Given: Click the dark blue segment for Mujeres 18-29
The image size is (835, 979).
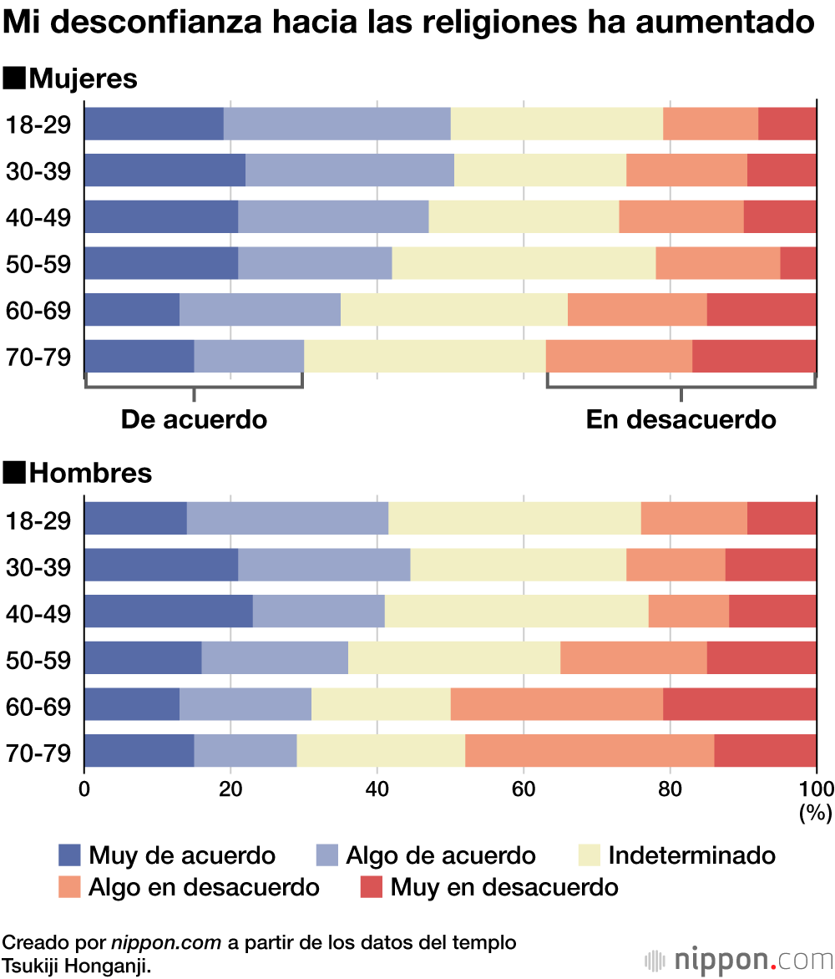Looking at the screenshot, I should coord(154,124).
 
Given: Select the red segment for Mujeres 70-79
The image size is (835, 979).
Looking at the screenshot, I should coord(754,357).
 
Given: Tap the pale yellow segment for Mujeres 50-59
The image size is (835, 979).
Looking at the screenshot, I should coord(524,263).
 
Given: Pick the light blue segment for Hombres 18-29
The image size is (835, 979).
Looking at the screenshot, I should coord(287,519).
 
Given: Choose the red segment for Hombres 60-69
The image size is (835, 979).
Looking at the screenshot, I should coord(739,704).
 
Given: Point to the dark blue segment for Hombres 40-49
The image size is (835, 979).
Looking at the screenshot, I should coord(168,611).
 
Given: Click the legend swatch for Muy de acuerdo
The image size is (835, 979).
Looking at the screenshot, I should coord(70,855).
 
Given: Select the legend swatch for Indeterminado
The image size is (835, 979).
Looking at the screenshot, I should coord(590,855).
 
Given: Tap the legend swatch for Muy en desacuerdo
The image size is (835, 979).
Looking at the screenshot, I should coord(370,886).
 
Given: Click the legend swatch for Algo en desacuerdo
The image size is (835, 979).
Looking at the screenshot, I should coord(70,886).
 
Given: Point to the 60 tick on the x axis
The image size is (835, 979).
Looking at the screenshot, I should coord(524,789).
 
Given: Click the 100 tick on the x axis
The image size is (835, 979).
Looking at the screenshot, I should coord(816,789).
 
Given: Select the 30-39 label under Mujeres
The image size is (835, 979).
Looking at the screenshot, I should coord(38,171).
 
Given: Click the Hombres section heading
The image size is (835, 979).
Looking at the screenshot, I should coord(90,474).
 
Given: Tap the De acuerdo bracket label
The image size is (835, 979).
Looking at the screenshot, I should coord(194,419).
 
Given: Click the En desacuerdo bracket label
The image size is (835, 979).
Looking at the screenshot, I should coord(681,419).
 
